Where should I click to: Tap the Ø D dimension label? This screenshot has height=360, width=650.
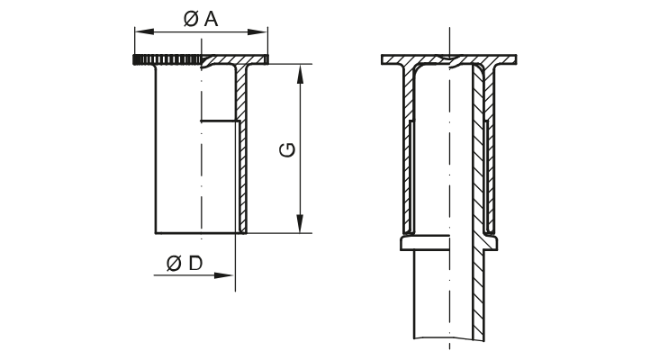click(x=184, y=263)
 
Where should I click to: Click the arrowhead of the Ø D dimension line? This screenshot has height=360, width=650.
click(x=229, y=274)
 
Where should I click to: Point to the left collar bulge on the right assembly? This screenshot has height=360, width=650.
click(x=401, y=243)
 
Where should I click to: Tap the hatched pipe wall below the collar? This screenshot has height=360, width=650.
click(x=478, y=297)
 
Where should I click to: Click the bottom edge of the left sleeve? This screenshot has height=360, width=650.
click(x=198, y=233)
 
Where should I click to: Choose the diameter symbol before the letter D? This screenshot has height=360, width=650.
click(x=173, y=263)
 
